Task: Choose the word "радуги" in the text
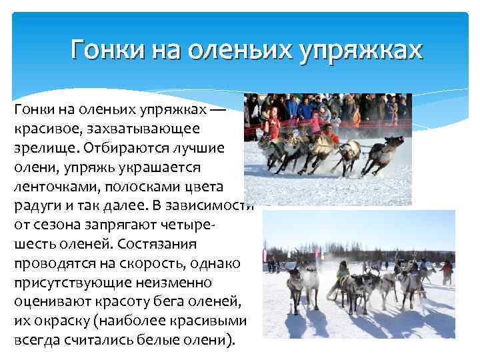(35, 204)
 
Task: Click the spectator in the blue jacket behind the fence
(306, 110)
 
